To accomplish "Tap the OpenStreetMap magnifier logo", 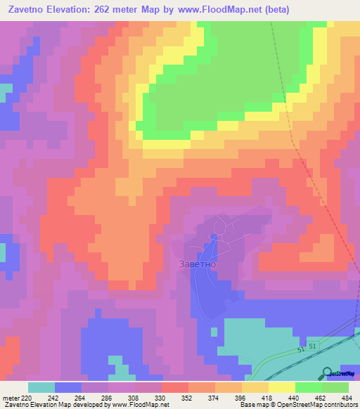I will pyautogui.click(x=328, y=373).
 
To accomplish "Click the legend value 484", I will pyautogui.click(x=347, y=398).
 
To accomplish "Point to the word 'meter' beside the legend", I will pyautogui.click(x=11, y=398).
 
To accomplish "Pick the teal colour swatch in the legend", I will pyautogui.click(x=41, y=387).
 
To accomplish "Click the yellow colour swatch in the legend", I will pyautogui.click(x=281, y=387).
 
